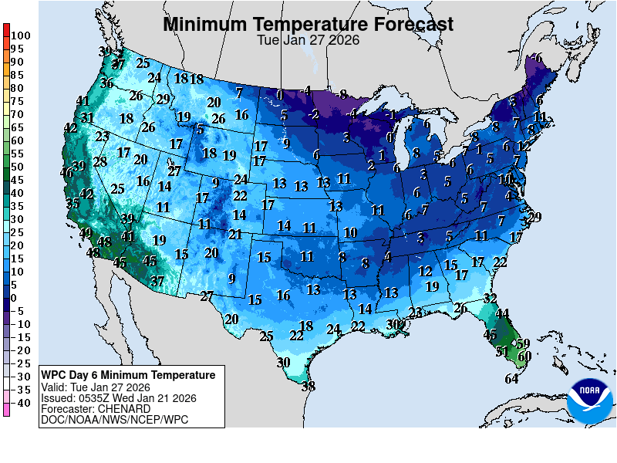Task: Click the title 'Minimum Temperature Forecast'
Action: [308, 25]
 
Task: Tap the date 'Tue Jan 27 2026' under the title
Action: [308, 41]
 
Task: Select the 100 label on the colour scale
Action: [21, 35]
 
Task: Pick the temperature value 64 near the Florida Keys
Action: [512, 379]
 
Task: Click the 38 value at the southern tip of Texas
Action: [308, 387]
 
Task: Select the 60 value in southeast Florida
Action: [525, 356]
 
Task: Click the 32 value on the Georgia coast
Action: [490, 299]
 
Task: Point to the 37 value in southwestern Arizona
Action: [157, 282]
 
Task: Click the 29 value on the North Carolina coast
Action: [535, 217]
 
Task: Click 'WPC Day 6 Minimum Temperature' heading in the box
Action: [128, 375]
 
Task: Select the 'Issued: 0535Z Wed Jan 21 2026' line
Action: [118, 398]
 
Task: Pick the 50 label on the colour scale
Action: [17, 167]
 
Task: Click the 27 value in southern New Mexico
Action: [207, 296]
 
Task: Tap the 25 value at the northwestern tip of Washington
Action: [143, 63]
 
